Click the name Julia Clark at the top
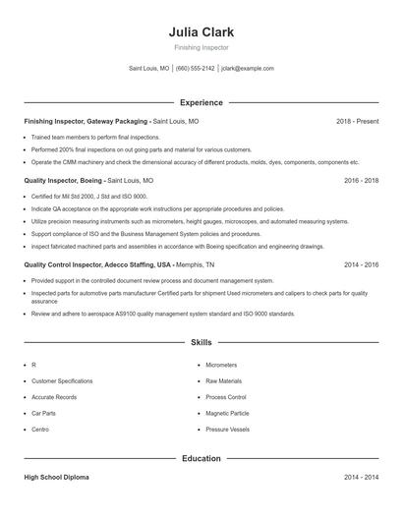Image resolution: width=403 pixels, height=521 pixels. coord(201,31)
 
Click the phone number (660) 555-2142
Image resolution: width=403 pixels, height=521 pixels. coord(195,69)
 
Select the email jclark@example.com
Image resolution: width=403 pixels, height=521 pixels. coord(248,69)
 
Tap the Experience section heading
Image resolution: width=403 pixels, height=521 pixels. coord(201,102)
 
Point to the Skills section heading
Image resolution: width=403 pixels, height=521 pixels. coord(201,343)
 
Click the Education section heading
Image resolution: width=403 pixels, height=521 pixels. coord(201,458)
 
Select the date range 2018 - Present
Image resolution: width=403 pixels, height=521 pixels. coord(357,121)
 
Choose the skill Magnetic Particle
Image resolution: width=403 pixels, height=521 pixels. coord(227,414)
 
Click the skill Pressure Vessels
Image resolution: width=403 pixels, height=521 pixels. coord(227,431)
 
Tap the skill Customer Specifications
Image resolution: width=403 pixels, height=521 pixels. coord(62,380)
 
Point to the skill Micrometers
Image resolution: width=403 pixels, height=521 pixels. coord(221,364)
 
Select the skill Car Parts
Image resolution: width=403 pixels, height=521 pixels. coord(43,414)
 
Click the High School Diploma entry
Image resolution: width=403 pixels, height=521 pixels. coord(56,477)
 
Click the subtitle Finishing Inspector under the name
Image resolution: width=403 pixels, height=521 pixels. coord(201,47)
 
